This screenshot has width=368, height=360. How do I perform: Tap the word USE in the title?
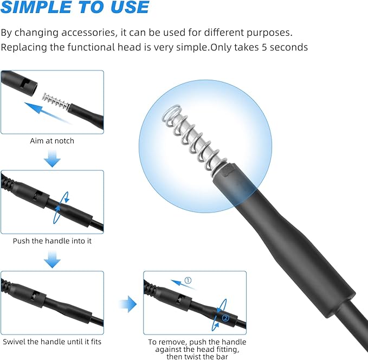[x=130, y=7]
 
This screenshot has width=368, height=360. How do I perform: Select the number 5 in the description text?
[x=264, y=47]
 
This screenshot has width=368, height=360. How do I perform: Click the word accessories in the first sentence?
[x=89, y=33]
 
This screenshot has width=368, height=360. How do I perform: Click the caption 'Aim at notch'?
[x=52, y=140]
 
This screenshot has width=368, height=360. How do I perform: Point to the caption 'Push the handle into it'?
[x=52, y=241]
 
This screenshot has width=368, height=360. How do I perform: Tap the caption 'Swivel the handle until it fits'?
[x=52, y=342]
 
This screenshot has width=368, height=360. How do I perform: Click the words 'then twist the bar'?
[x=197, y=357]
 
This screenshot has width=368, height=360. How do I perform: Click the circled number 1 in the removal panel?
[x=188, y=280]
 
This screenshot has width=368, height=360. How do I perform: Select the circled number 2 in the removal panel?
[x=225, y=318]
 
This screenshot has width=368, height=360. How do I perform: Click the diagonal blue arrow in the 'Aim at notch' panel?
[x=47, y=112]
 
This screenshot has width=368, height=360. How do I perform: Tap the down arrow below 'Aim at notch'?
[x=52, y=159]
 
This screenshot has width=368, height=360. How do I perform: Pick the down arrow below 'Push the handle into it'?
[x=52, y=260]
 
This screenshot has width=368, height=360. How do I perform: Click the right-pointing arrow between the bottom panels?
[x=128, y=304]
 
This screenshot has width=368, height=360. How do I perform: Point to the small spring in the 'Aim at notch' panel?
[x=56, y=101]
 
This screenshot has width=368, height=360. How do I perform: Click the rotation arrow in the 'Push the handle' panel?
[x=61, y=207]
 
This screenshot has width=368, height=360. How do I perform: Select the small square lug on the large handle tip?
[x=228, y=171]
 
